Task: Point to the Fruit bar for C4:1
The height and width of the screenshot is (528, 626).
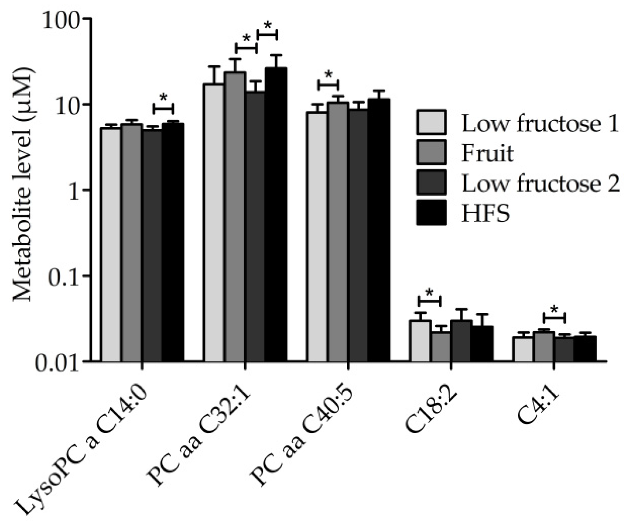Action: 544,346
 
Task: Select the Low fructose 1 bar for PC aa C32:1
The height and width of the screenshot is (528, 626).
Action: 214,222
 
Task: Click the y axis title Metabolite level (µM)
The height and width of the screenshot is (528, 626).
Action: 24,190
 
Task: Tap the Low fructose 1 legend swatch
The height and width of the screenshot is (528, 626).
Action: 431,122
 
